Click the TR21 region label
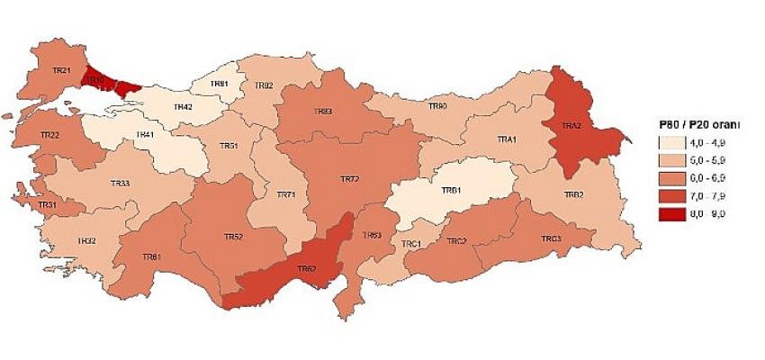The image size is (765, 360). click(x=61, y=70)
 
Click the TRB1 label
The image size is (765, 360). click(x=452, y=191)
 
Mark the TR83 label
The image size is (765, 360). click(x=323, y=111)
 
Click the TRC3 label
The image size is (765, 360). click(x=552, y=238)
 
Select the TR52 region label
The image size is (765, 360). click(x=233, y=237)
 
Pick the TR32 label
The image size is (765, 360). click(x=86, y=240)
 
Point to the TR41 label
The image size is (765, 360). click(x=144, y=135)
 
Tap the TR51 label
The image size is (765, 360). click(x=229, y=146)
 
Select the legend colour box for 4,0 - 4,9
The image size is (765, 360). click(x=671, y=143)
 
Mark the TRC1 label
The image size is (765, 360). click(x=411, y=244)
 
